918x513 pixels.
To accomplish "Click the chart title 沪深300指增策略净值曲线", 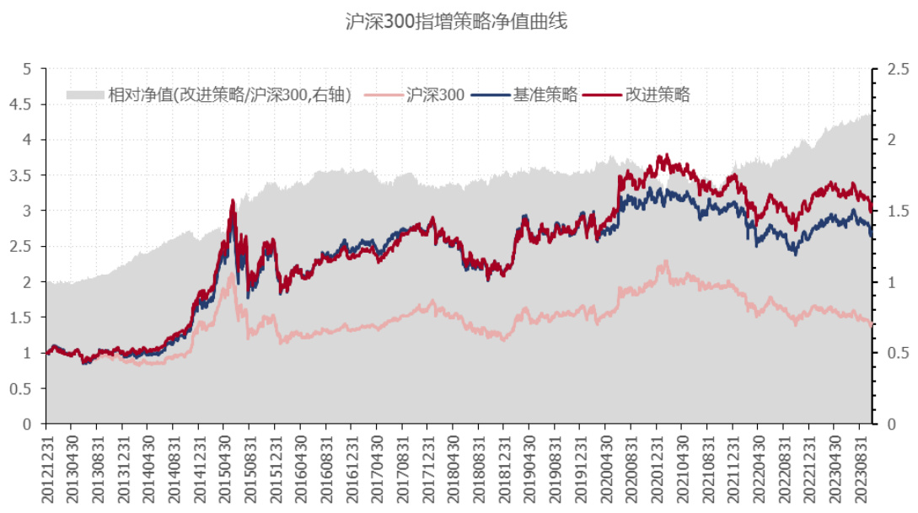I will click(458, 22).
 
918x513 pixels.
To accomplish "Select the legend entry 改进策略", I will click(657, 95).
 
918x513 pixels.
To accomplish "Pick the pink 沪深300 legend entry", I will click(435, 95).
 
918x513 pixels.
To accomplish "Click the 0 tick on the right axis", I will click(886, 425).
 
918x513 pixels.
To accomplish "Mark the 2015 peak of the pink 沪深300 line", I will click(232, 275).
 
